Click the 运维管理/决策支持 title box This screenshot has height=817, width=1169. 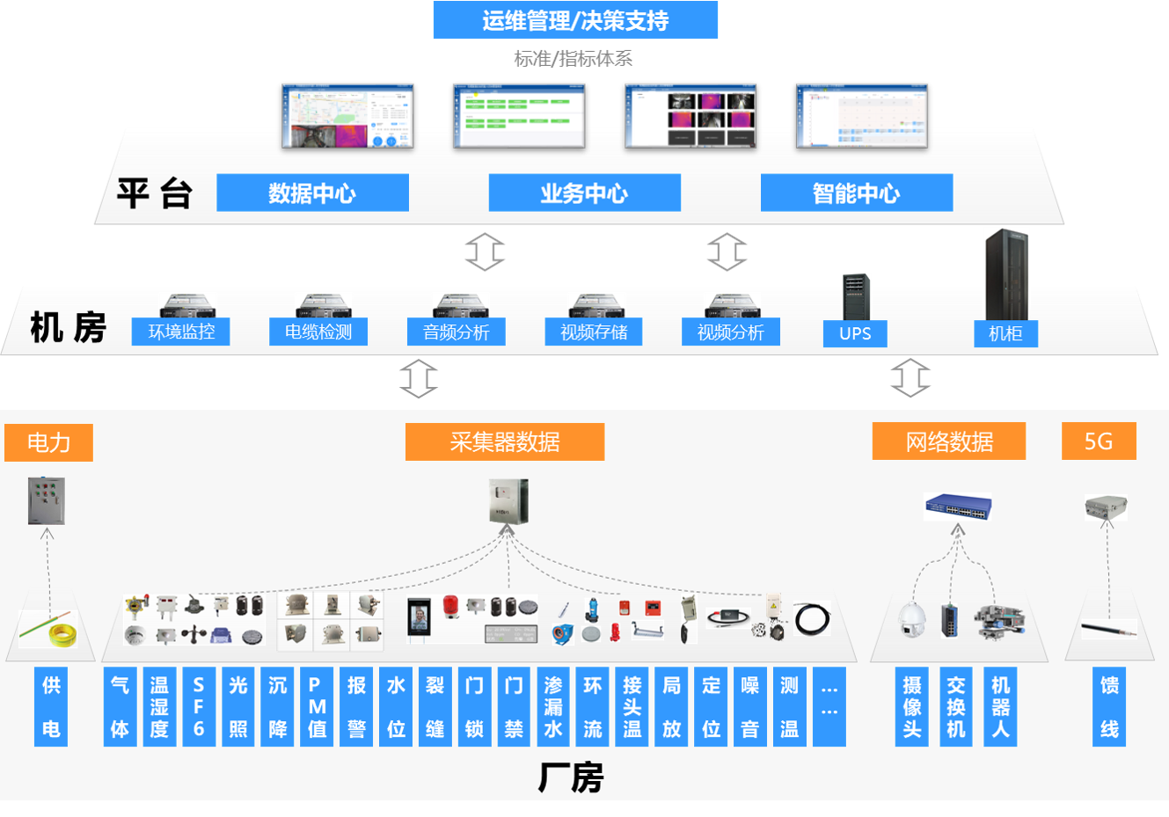[x=575, y=20]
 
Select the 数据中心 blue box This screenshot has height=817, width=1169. [x=312, y=193]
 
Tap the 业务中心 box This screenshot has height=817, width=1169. [x=584, y=193]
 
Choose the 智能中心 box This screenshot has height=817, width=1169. [x=857, y=193]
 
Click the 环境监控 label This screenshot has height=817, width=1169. [x=181, y=332]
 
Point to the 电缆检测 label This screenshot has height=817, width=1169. [x=318, y=332]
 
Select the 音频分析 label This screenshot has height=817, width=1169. [x=456, y=332]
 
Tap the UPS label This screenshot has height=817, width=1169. [x=855, y=333]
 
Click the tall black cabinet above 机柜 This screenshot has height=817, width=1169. [x=1006, y=274]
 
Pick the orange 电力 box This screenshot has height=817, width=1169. [x=48, y=441]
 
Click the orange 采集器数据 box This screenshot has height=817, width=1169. [x=505, y=441]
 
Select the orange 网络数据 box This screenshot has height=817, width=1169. [x=949, y=441]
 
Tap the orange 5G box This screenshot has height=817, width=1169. [x=1099, y=441]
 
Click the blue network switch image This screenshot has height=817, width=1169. [x=957, y=507]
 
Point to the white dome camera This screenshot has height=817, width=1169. [x=910, y=618]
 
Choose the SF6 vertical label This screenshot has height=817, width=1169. [x=199, y=707]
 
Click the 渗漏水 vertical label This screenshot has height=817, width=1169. [x=553, y=707]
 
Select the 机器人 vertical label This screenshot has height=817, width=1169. [x=1000, y=707]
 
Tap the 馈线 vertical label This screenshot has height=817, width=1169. [x=1109, y=707]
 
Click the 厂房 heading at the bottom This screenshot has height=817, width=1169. [x=571, y=778]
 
